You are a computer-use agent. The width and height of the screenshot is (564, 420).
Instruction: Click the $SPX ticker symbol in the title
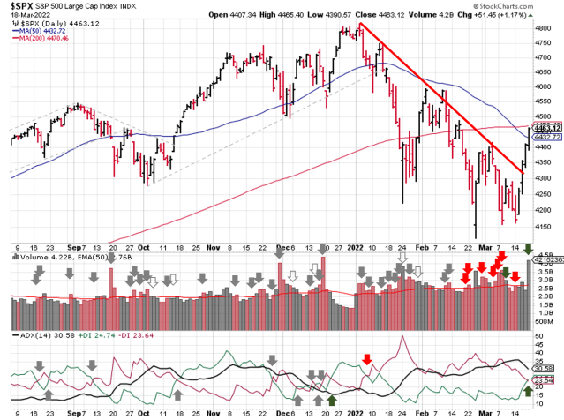tap(22, 6)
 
